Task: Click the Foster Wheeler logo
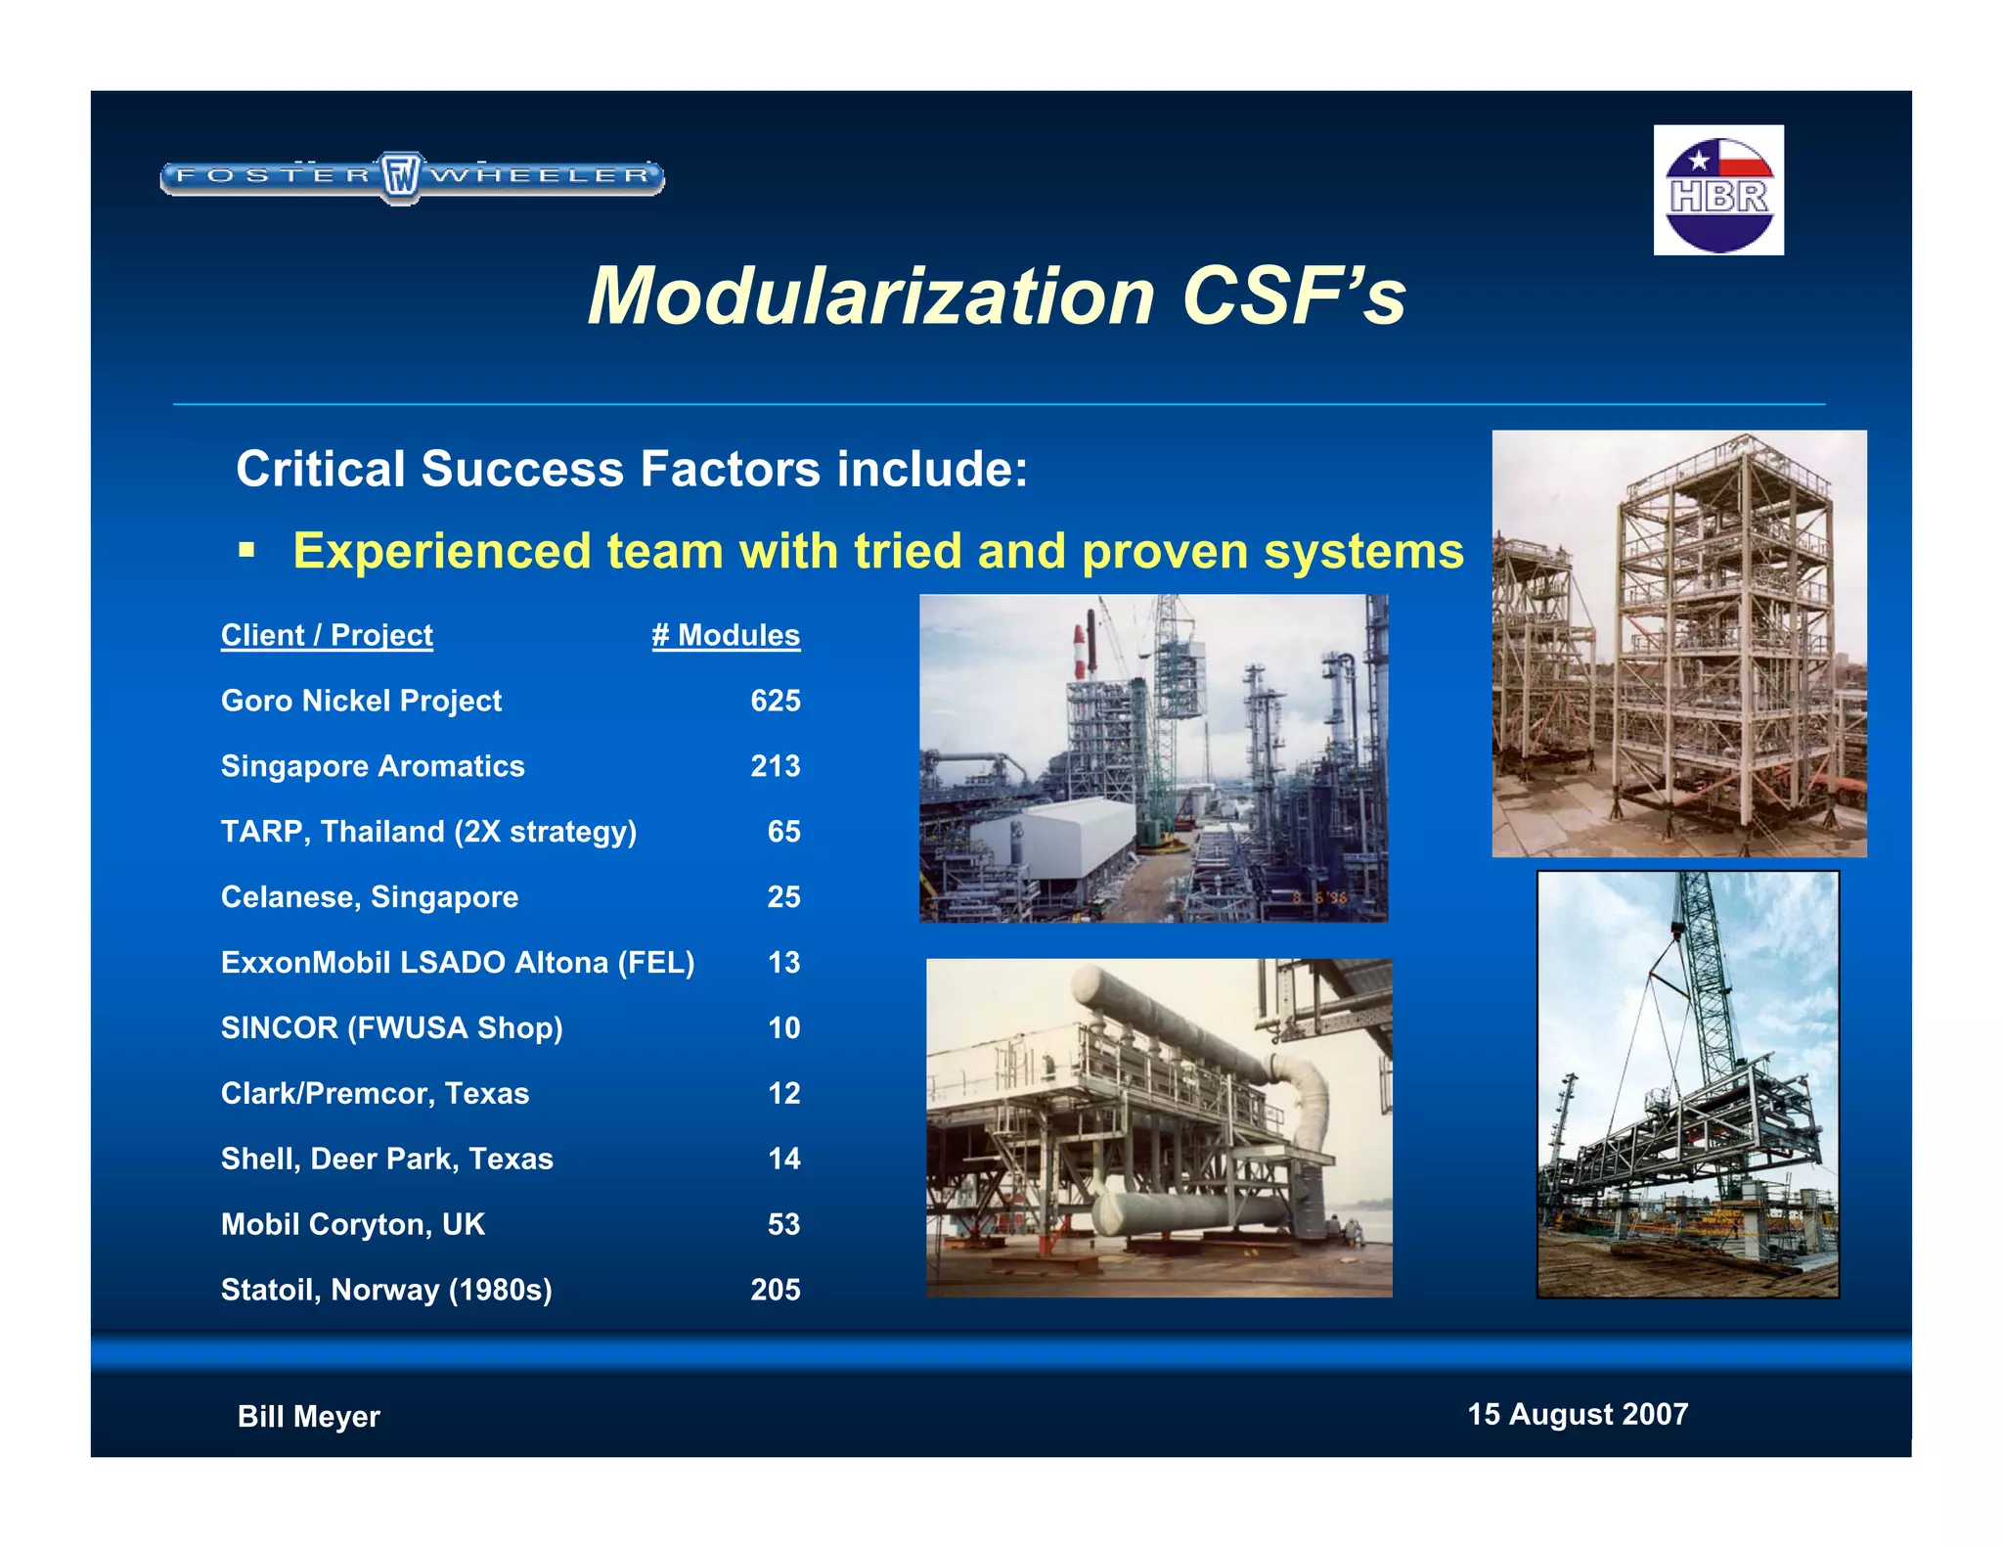412,177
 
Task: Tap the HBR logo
1718,190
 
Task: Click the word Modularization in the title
871,296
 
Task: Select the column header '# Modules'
726,635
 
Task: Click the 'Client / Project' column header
327,635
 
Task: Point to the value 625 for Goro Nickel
775,701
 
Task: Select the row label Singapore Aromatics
373,766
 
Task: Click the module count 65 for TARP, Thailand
783,832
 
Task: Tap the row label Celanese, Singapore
370,897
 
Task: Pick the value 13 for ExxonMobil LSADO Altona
783,963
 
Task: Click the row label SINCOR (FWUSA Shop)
391,1028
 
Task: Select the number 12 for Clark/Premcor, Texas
783,1093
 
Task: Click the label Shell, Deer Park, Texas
386,1159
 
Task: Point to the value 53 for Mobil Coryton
783,1224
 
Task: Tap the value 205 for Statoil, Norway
775,1290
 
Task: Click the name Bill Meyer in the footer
308,1416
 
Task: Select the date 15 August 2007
1578,1414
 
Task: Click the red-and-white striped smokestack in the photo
1080,646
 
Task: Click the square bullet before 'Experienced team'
246,550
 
